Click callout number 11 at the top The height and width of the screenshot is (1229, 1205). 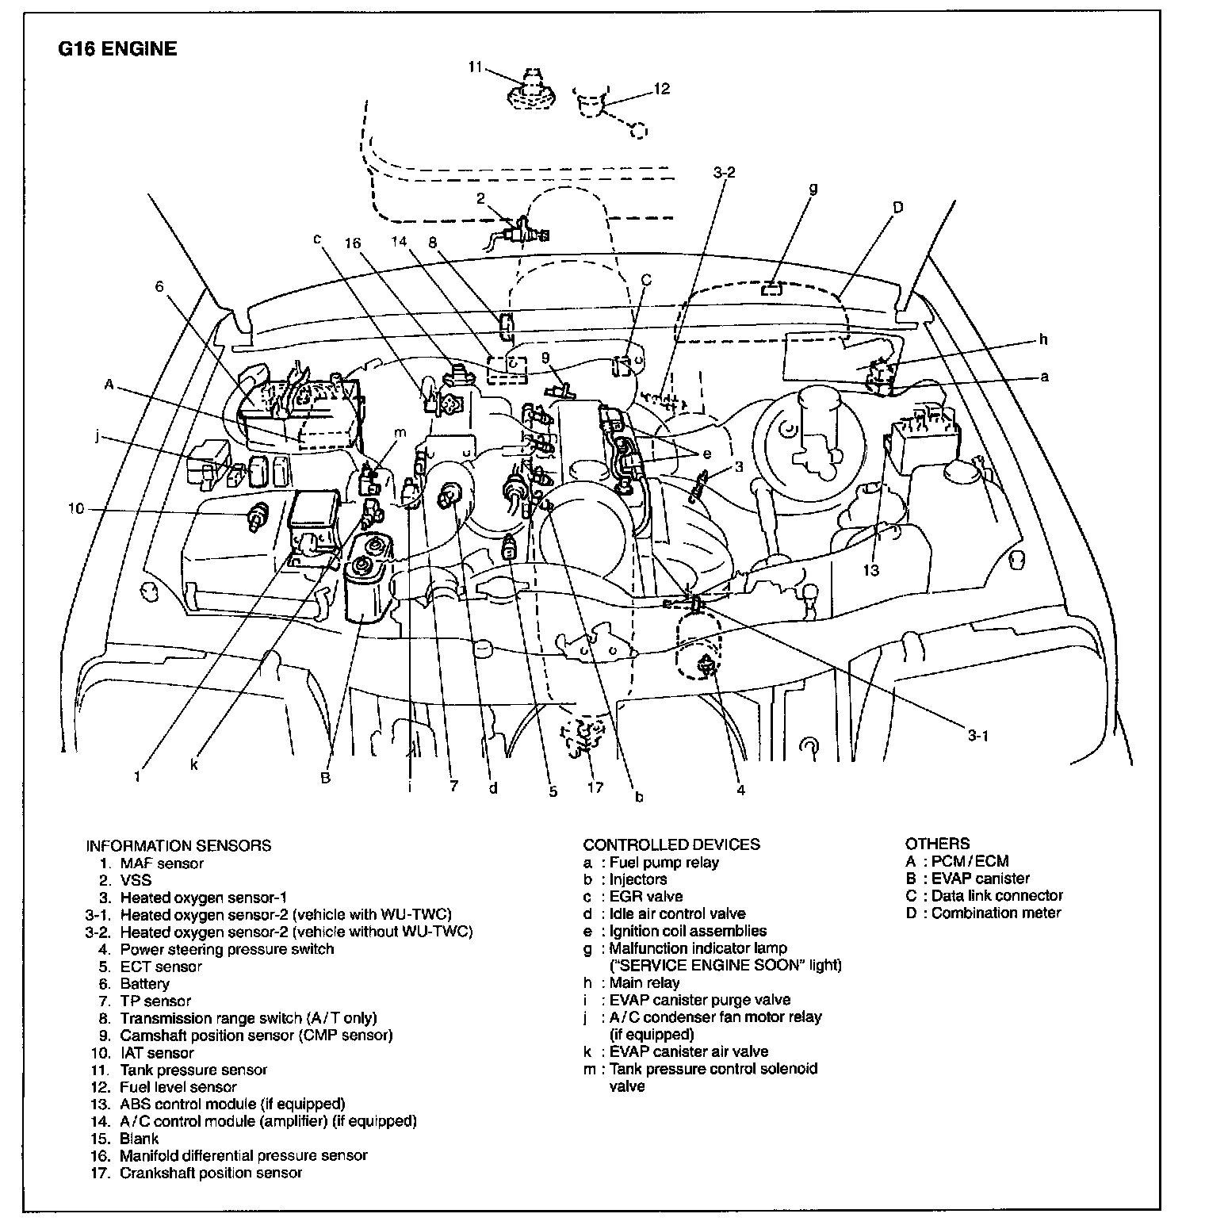click(475, 68)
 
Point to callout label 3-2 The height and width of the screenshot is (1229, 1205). click(724, 171)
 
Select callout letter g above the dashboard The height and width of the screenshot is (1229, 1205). click(813, 189)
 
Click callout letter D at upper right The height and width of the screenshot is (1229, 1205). click(897, 208)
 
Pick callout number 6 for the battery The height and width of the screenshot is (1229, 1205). click(159, 285)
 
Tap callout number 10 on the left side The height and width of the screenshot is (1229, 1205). click(75, 508)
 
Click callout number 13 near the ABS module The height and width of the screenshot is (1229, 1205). click(871, 570)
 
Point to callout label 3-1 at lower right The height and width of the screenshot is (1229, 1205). click(978, 735)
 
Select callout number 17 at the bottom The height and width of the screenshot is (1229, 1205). click(595, 787)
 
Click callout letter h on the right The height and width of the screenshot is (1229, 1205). click(1043, 339)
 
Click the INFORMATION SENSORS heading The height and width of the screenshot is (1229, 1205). click(178, 845)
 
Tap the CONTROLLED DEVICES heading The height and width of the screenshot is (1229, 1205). click(671, 844)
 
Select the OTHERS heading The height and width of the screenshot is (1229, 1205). click(937, 844)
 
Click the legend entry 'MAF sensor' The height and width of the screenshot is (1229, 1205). click(162, 863)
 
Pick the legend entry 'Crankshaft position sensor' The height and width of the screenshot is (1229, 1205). click(211, 1173)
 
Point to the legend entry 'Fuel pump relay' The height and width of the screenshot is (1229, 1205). click(664, 863)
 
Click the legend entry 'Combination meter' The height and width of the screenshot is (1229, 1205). click(996, 913)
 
